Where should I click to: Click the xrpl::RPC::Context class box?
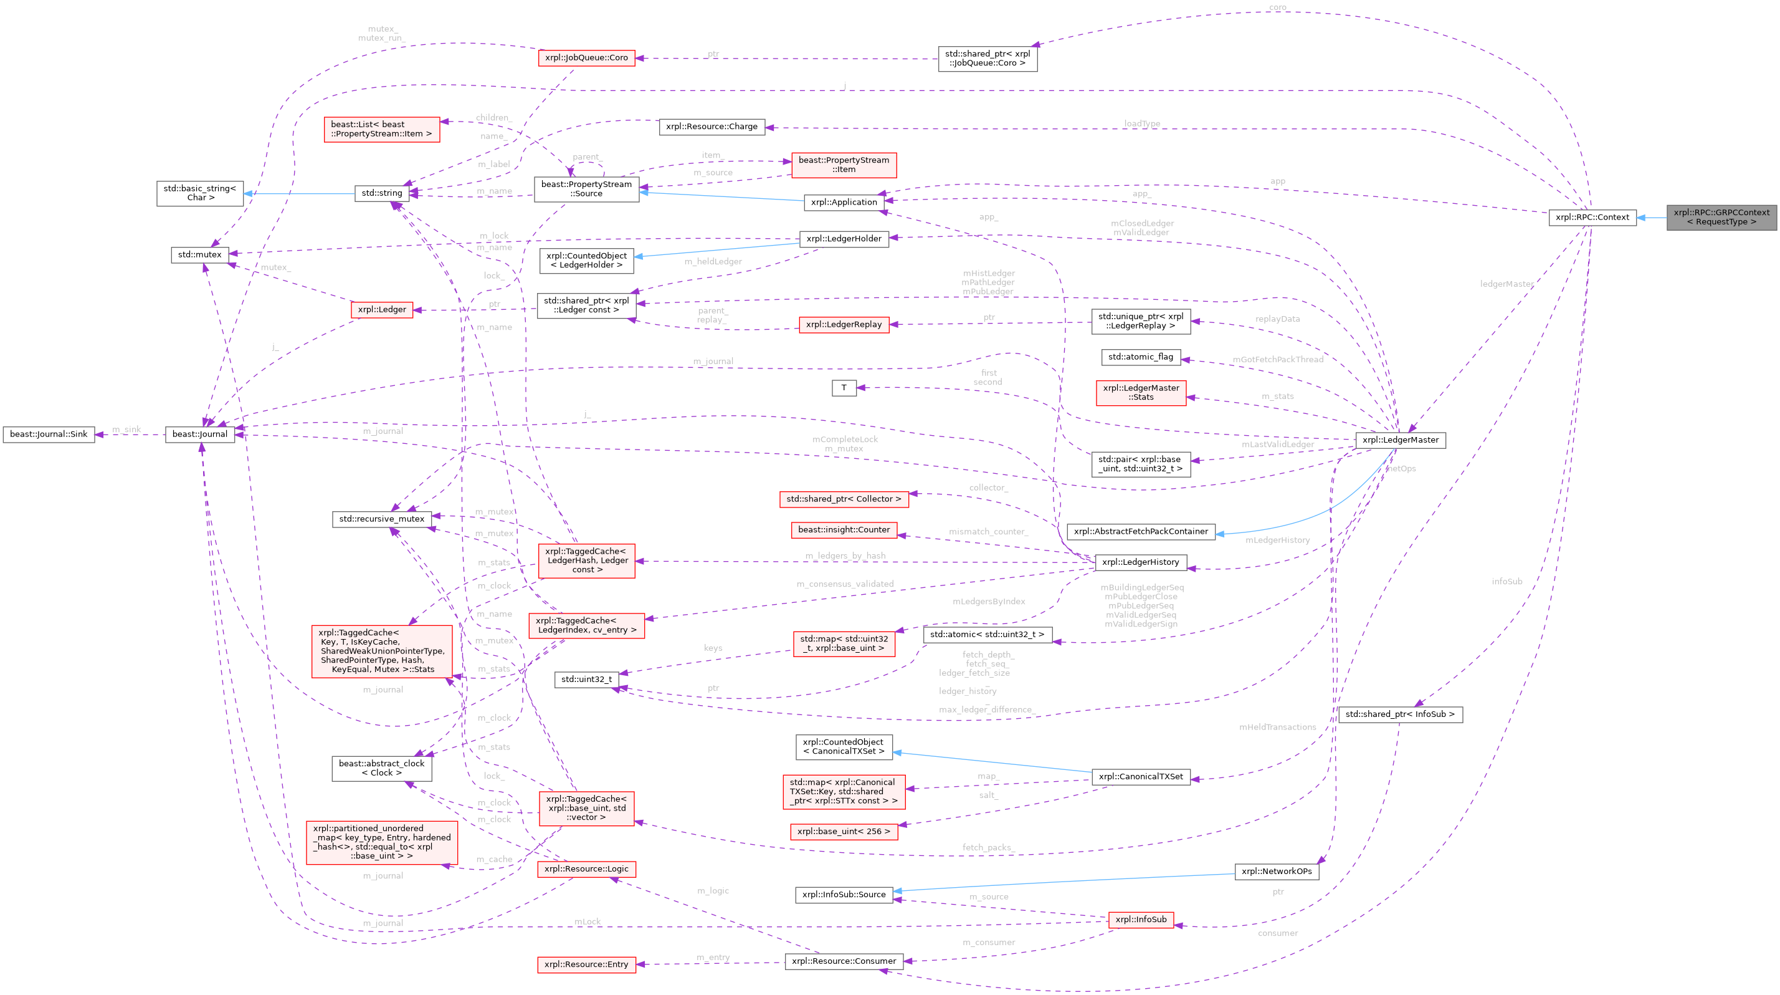(1592, 217)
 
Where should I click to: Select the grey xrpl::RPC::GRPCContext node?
(1721, 217)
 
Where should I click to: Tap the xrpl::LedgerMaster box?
(1400, 440)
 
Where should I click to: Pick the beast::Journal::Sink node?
(49, 435)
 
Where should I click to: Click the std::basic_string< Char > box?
(200, 193)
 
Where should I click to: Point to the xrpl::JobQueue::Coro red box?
(586, 58)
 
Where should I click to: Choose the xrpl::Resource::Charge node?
(712, 127)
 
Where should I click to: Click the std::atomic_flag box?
(1140, 357)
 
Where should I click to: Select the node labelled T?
(844, 388)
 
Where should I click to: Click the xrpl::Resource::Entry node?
(586, 964)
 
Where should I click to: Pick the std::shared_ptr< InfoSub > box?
(1400, 714)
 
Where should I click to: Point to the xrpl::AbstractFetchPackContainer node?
(1140, 531)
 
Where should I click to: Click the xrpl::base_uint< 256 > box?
(844, 831)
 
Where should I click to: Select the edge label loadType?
(1141, 124)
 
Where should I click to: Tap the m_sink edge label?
(127, 430)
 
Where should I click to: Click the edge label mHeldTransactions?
(1277, 727)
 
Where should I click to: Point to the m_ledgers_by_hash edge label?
(844, 555)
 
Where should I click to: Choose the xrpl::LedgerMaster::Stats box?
(1140, 393)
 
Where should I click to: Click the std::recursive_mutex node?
(382, 519)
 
